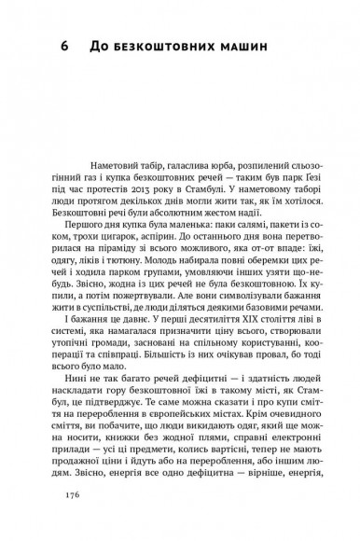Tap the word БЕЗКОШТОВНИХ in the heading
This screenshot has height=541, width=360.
tap(172, 45)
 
